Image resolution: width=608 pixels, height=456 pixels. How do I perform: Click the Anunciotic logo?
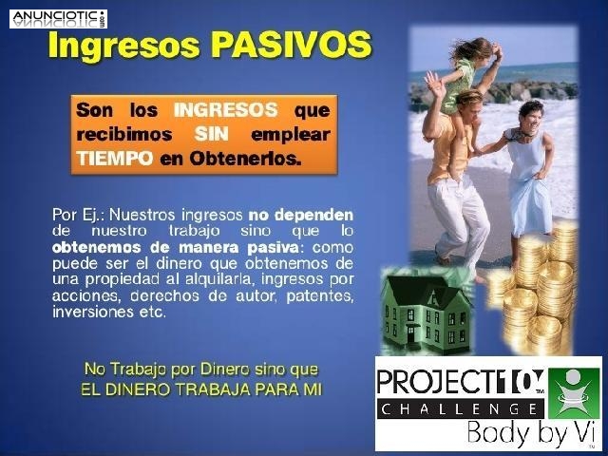(58, 17)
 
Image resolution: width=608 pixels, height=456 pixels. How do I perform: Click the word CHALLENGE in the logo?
(460, 408)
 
